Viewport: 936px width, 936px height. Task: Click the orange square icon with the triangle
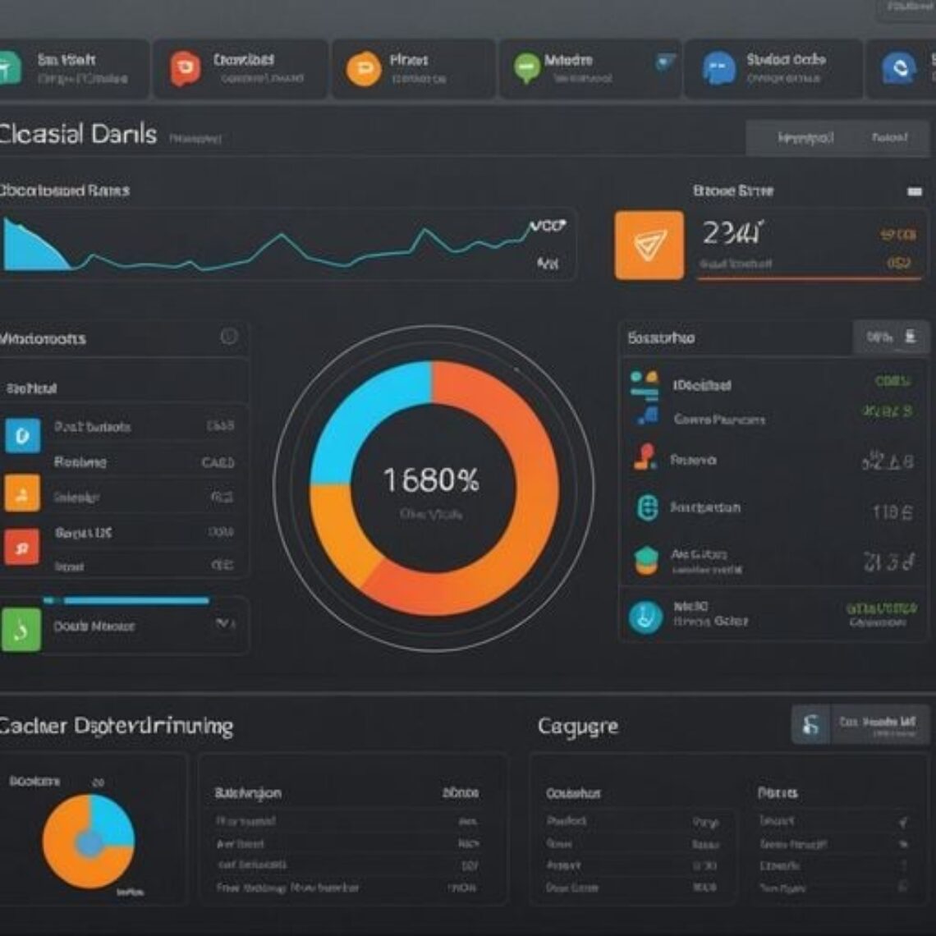[x=649, y=245]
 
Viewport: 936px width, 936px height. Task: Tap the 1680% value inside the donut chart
[x=432, y=480]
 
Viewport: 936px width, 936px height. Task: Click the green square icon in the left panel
[x=21, y=630]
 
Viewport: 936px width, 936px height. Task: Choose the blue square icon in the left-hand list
[x=22, y=435]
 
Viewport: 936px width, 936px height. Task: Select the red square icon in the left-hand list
[x=21, y=547]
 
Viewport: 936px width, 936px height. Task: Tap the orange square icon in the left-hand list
[x=21, y=493]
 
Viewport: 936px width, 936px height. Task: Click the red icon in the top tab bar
[x=185, y=69]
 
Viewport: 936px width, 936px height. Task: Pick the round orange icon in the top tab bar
[x=363, y=69]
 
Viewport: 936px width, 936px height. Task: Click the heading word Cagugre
[x=578, y=726]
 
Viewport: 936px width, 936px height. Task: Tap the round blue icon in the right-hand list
[x=645, y=617]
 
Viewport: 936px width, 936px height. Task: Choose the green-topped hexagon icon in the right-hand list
[x=646, y=560]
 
